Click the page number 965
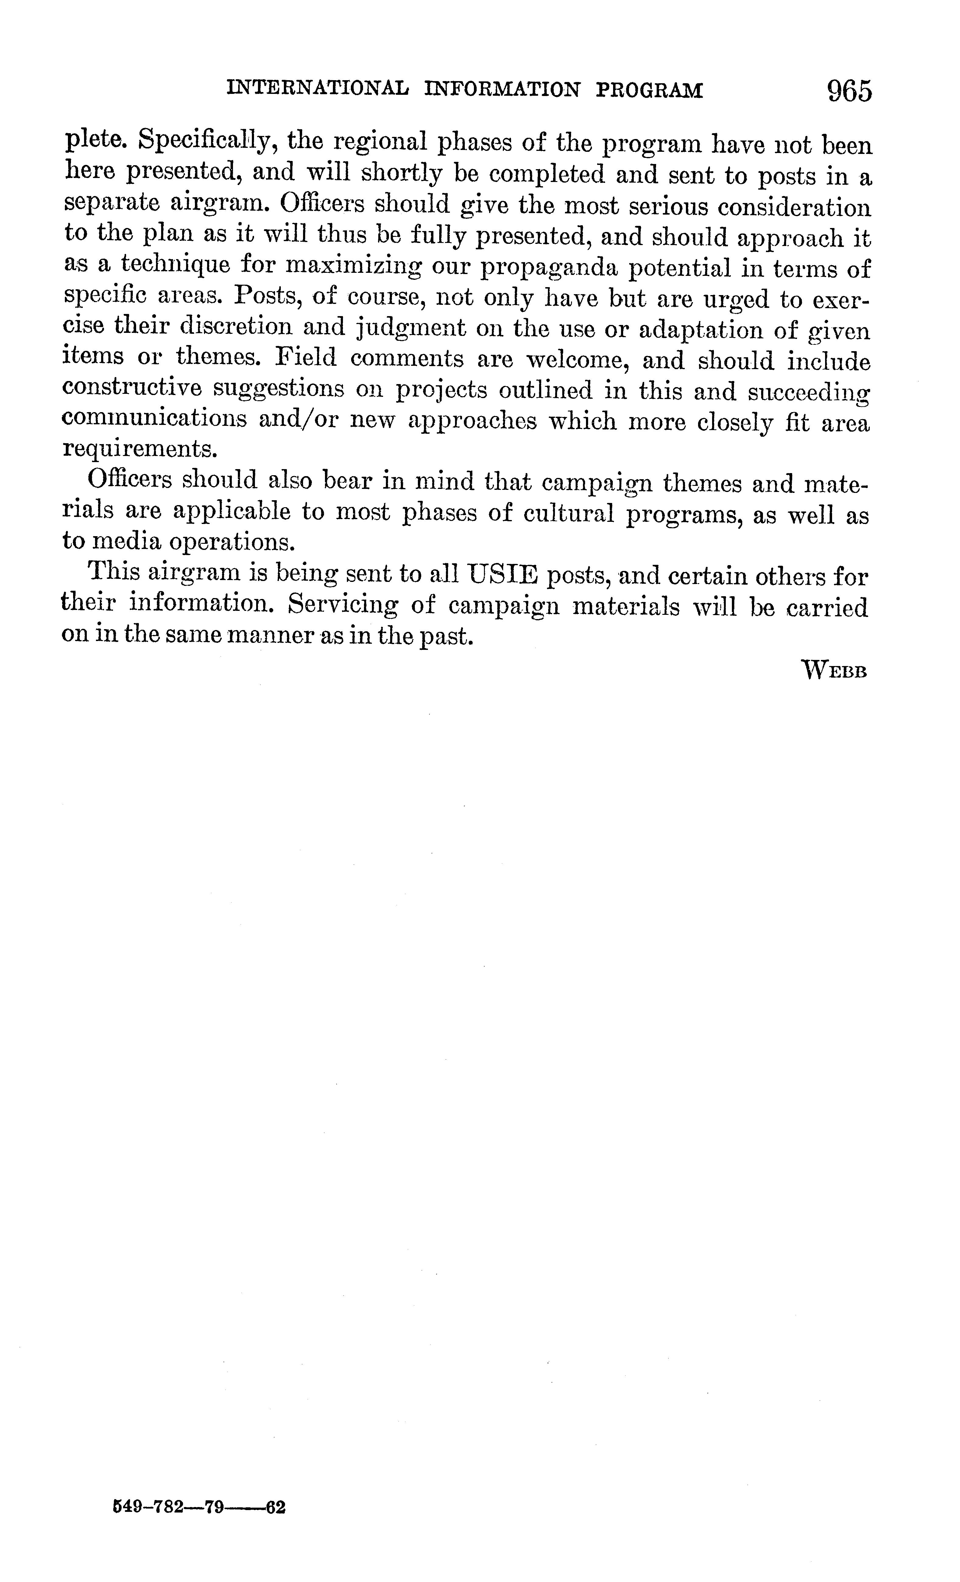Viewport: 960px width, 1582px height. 850,91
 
